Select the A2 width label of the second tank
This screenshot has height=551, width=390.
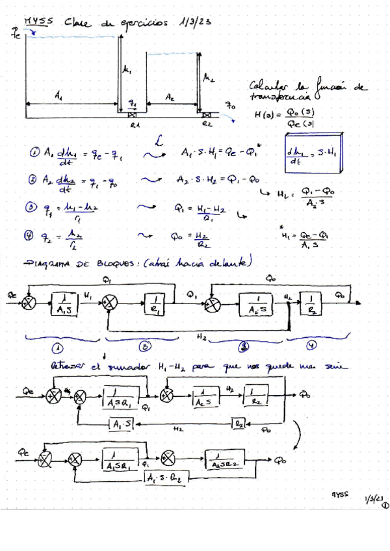[169, 97]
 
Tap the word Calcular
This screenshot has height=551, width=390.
[268, 86]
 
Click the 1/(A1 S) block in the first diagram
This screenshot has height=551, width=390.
[66, 304]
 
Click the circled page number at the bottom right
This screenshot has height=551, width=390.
[385, 502]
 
